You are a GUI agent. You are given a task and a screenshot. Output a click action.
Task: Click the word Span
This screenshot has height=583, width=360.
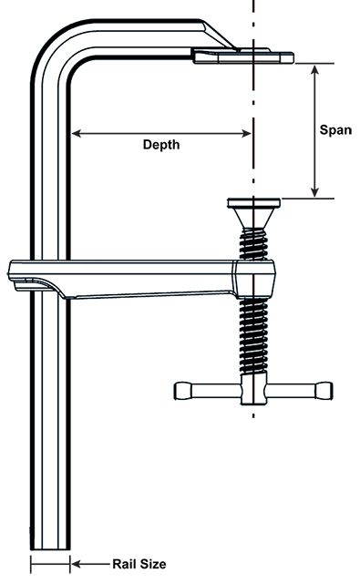coord(335,130)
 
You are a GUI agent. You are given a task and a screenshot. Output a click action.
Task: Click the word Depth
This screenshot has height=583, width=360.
coord(161,145)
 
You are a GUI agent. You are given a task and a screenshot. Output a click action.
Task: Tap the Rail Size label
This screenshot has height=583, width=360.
coord(139,564)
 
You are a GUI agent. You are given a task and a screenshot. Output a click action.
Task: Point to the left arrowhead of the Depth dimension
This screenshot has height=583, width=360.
coord(76,133)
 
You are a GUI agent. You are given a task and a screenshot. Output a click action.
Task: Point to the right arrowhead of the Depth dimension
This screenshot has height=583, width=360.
coord(247,133)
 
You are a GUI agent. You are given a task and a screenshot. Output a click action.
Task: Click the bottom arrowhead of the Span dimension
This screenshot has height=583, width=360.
coord(314,191)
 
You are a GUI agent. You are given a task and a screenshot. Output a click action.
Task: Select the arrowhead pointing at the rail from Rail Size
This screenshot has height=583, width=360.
coord(76,564)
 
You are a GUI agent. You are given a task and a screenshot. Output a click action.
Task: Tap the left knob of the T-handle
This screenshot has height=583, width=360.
coord(183,391)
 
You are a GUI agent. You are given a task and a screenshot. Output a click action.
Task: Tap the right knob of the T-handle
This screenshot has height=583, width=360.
coord(324,391)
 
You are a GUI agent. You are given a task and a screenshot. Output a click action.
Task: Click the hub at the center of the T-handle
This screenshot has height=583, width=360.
coord(253,389)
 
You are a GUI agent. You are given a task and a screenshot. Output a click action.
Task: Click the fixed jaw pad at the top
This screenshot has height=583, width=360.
coord(243,56)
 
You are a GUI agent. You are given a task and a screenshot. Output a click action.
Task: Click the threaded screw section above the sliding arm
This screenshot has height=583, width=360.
coord(253,244)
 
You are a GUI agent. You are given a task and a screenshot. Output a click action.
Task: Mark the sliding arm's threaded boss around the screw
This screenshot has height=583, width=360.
coord(255,279)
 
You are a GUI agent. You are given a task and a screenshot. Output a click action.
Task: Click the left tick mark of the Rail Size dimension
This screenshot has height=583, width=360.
coord(31,565)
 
